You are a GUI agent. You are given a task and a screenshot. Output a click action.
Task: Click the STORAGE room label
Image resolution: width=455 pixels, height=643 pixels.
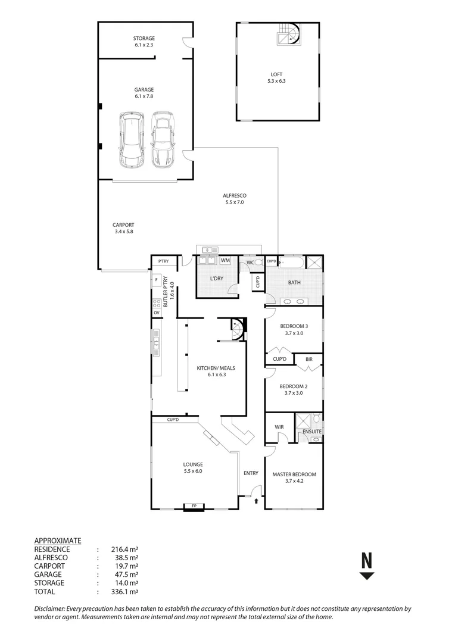(x=144, y=38)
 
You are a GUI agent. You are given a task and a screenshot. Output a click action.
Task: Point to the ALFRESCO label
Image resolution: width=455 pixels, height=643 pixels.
(x=235, y=195)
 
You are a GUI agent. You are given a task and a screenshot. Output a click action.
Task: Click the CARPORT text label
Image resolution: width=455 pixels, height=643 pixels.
(x=123, y=225)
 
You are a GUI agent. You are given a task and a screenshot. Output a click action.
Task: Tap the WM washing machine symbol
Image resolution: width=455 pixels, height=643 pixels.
(x=225, y=260)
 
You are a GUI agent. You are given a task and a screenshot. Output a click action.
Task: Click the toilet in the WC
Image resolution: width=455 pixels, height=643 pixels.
(x=258, y=261)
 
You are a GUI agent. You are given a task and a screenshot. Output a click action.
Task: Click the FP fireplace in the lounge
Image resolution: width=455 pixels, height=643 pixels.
(x=193, y=507)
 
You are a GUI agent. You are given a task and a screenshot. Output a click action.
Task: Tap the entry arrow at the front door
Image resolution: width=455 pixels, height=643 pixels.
(x=257, y=502)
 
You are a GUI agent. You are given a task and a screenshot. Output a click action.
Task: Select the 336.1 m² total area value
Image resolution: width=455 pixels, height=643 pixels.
(x=124, y=592)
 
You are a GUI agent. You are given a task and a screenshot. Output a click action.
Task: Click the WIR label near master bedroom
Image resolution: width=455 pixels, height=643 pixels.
(x=279, y=427)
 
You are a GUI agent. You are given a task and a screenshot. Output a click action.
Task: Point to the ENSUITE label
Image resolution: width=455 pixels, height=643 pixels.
(x=311, y=431)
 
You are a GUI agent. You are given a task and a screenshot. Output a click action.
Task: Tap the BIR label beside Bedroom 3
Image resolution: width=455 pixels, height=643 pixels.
(x=308, y=359)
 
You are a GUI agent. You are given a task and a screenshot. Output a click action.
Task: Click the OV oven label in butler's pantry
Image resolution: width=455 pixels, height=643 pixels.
(x=157, y=312)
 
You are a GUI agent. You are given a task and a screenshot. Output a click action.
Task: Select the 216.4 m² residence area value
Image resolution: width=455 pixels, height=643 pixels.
(x=124, y=549)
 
